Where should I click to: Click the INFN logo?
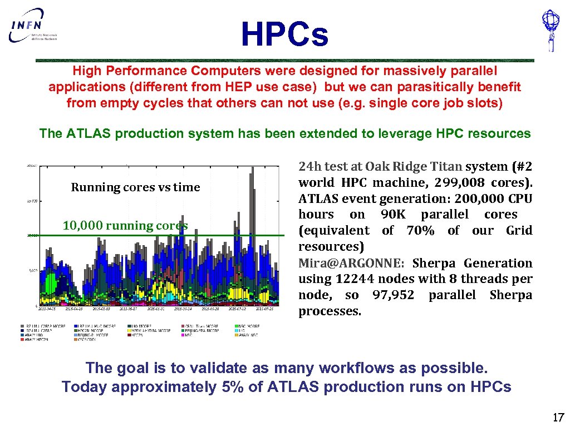click(33, 26)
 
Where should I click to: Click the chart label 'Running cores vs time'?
click(135, 187)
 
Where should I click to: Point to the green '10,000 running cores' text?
click(125, 225)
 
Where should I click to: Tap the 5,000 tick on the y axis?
click(32, 271)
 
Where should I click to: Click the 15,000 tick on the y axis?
click(32, 201)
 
